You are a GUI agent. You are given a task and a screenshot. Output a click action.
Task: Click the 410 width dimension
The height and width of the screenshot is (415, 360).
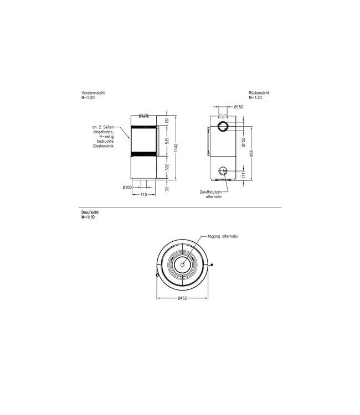(x=143, y=195)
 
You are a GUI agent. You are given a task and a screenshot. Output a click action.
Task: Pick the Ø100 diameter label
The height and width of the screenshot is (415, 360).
(x=127, y=187)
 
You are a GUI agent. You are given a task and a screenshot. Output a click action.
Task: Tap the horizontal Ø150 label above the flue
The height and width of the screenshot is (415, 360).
(x=239, y=106)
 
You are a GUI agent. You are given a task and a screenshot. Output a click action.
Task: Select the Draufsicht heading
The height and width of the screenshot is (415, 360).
(x=90, y=212)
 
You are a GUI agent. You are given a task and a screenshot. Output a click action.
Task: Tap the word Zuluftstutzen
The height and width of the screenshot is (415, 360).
(x=209, y=191)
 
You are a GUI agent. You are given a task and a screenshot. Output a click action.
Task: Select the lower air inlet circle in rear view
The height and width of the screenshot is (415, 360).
(x=224, y=170)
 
